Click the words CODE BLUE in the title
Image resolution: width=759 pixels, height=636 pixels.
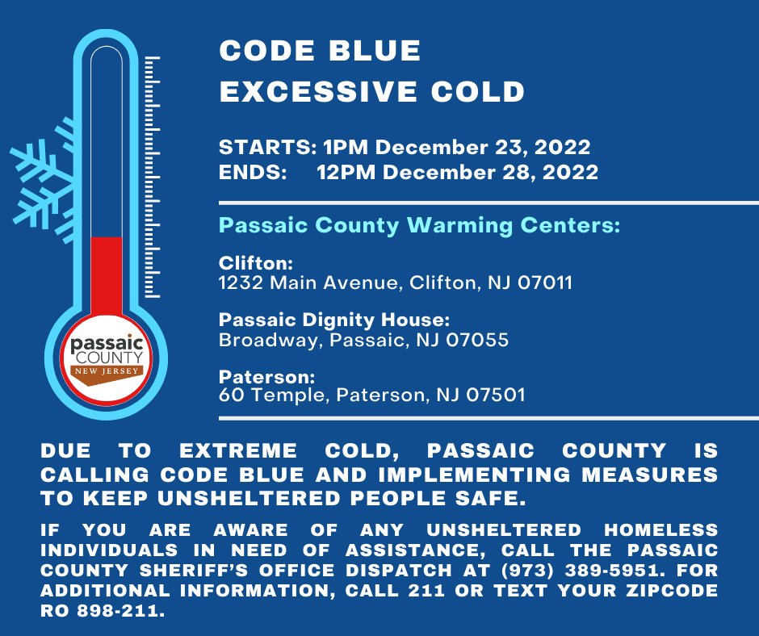(320, 50)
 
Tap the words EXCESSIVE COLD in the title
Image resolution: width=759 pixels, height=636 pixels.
(371, 91)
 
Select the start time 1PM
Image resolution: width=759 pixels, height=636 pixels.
(346, 147)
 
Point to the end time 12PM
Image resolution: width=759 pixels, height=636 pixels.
(346, 172)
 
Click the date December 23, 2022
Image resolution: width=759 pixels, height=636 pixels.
(483, 148)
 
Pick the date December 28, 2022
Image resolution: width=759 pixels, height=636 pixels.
(490, 173)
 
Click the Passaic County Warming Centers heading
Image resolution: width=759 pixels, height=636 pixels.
(419, 225)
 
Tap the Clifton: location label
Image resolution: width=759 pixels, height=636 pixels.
(256, 263)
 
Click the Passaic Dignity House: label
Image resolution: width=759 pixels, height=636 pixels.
(334, 320)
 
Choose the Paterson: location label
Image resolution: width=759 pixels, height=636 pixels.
(266, 377)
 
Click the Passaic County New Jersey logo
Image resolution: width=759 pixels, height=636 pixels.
(107, 358)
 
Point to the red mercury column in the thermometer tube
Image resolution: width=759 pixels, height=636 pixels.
(107, 277)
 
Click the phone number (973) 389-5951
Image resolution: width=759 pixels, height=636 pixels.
(580, 570)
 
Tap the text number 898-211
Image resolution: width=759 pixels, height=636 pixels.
(121, 611)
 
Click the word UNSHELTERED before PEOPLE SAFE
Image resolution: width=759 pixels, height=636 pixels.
(249, 498)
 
